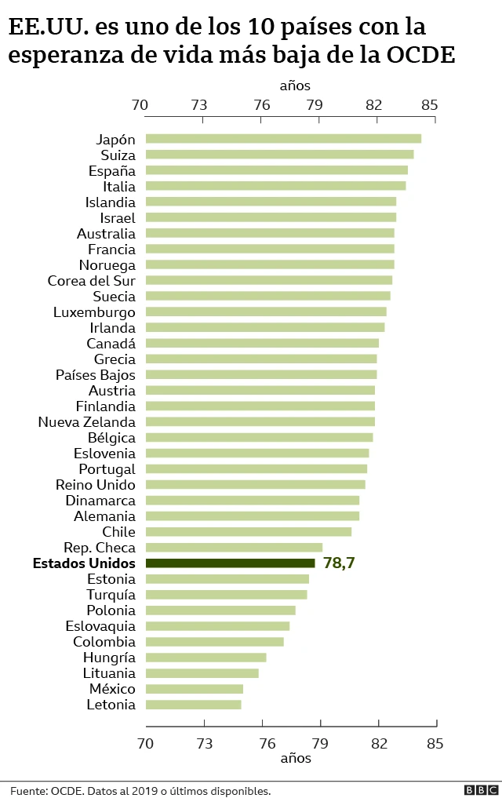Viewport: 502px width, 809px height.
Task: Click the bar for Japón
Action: (x=283, y=139)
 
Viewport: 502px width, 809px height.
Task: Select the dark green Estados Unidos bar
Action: (x=230, y=563)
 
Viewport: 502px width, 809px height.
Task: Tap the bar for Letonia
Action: (x=193, y=704)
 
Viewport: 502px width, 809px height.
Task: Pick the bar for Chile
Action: (x=248, y=531)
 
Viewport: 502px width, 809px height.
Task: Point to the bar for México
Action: (x=194, y=688)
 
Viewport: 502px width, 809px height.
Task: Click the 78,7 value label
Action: (x=340, y=563)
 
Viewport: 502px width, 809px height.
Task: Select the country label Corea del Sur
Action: (x=91, y=280)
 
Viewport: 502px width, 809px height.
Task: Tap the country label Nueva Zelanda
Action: (x=86, y=421)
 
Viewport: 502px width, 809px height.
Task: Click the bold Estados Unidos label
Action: (x=84, y=563)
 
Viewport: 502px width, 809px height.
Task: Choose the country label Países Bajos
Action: (x=95, y=374)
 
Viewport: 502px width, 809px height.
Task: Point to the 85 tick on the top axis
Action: (x=429, y=105)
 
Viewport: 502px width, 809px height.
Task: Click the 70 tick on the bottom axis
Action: (x=145, y=743)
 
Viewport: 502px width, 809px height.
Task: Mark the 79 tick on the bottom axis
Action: (x=320, y=743)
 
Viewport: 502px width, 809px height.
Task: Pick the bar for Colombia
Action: (x=214, y=641)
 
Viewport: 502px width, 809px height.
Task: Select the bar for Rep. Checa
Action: (x=234, y=547)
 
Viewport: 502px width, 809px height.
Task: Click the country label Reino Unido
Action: (x=95, y=484)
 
